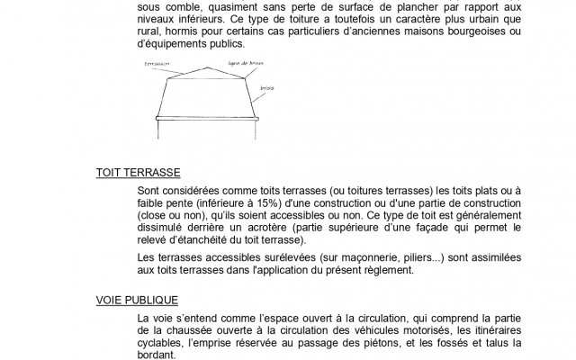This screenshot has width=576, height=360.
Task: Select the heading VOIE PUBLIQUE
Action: pyautogui.click(x=136, y=300)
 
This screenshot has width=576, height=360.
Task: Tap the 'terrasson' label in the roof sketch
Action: pyautogui.click(x=157, y=64)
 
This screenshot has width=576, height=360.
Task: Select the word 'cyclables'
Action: pyautogui.click(x=163, y=343)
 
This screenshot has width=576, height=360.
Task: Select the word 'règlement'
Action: pyautogui.click(x=389, y=270)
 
